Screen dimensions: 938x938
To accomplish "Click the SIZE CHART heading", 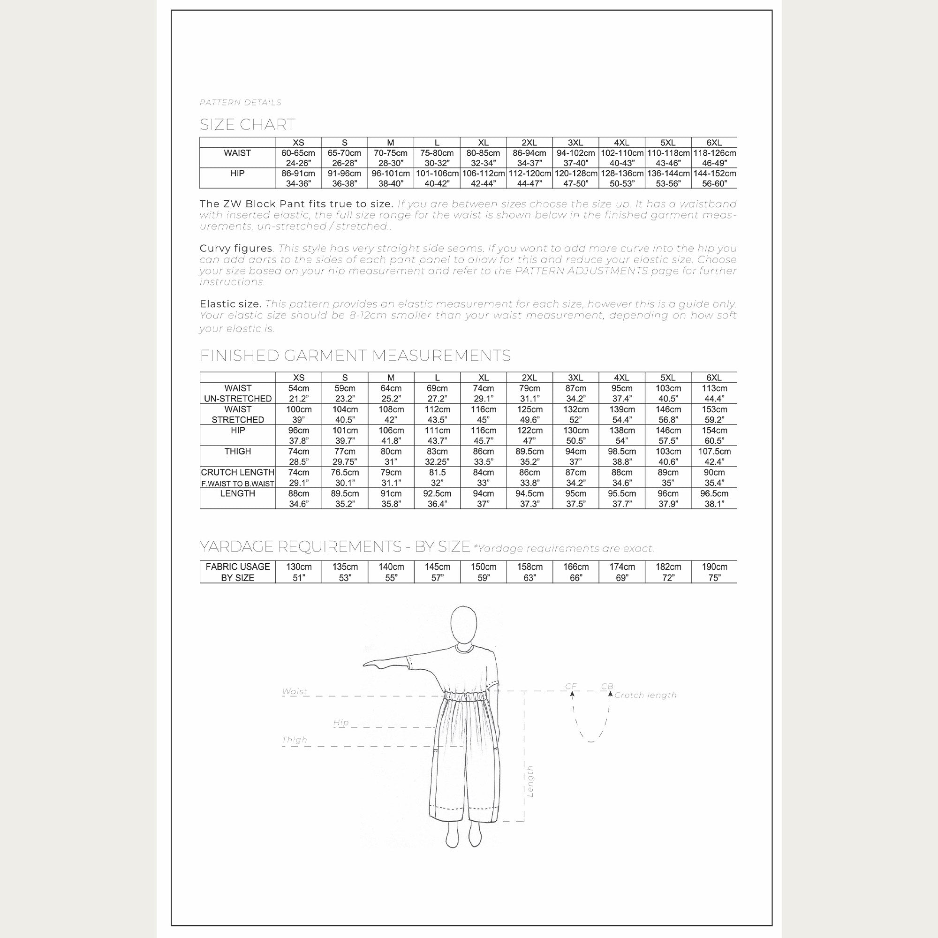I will [x=247, y=125].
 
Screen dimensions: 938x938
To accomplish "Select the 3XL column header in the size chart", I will [x=575, y=143].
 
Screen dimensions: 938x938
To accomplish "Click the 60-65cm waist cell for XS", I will [x=298, y=158].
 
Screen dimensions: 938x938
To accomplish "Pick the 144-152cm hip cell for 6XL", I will [x=714, y=178].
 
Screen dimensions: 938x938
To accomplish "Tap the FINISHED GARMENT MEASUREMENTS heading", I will [x=355, y=356].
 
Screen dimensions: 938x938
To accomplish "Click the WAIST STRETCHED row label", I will [x=237, y=414].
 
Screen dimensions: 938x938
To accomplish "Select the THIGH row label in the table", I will [x=237, y=451].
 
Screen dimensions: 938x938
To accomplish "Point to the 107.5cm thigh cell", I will [x=714, y=456].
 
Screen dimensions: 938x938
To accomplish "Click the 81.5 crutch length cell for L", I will [x=437, y=477].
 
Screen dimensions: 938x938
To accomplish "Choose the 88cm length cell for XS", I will [x=298, y=498].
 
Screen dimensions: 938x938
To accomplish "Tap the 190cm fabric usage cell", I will [x=714, y=572].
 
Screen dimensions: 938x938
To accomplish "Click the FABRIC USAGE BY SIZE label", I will [x=237, y=572].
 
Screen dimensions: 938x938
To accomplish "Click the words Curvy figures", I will [x=236, y=249].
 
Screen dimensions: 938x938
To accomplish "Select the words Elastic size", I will [x=231, y=304].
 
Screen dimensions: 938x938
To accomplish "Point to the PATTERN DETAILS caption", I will [x=240, y=102].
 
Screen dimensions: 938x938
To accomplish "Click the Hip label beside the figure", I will [x=341, y=722].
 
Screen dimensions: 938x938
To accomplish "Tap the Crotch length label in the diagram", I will [x=645, y=695].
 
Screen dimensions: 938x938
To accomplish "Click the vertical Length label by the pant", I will [x=530, y=781].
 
